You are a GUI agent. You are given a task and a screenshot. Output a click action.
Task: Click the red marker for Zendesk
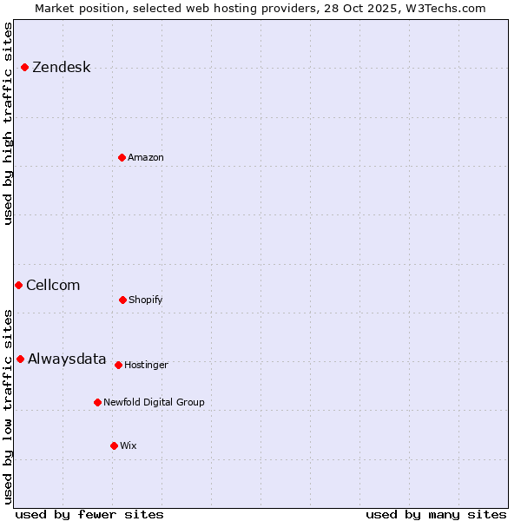[x=25, y=68]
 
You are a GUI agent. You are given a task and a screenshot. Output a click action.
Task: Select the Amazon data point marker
[x=122, y=157]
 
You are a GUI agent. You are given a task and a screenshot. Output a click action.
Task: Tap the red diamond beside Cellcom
[x=18, y=285]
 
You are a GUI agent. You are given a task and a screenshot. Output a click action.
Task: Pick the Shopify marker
[x=122, y=300]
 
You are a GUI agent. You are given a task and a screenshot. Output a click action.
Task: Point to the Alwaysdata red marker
[x=20, y=359]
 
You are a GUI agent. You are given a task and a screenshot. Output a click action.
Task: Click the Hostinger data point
[x=118, y=365]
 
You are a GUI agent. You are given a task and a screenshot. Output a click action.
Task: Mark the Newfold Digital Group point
[x=97, y=402]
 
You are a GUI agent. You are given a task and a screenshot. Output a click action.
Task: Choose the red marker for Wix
[x=114, y=445]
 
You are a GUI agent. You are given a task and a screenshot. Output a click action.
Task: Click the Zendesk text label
[x=61, y=68]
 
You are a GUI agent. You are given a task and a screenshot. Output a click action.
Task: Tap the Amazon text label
[x=146, y=157]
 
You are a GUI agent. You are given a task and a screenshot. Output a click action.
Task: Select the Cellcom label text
[x=53, y=285]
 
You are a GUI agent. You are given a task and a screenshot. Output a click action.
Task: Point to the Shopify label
[x=146, y=300]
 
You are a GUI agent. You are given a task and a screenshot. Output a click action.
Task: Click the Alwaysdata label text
[x=67, y=359]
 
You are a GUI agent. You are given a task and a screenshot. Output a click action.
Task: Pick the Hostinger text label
[x=146, y=365]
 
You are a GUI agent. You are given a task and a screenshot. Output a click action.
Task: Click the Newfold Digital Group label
[x=154, y=402]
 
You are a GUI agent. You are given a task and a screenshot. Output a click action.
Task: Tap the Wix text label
[x=129, y=445]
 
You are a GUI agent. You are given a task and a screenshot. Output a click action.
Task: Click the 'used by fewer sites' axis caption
[x=89, y=514]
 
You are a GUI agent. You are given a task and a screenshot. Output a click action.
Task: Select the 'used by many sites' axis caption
[x=436, y=514]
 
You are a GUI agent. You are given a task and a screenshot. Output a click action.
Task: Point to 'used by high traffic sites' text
[x=9, y=123]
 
